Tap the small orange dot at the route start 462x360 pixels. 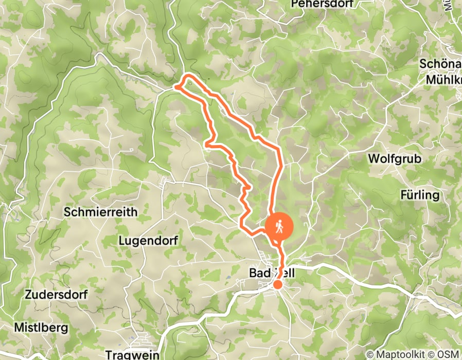point(277,284)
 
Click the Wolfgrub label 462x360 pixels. point(395,159)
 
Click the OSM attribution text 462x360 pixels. point(450,354)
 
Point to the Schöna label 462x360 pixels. point(440,64)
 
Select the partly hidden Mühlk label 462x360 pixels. point(443,81)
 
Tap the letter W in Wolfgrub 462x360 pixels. point(373,159)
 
